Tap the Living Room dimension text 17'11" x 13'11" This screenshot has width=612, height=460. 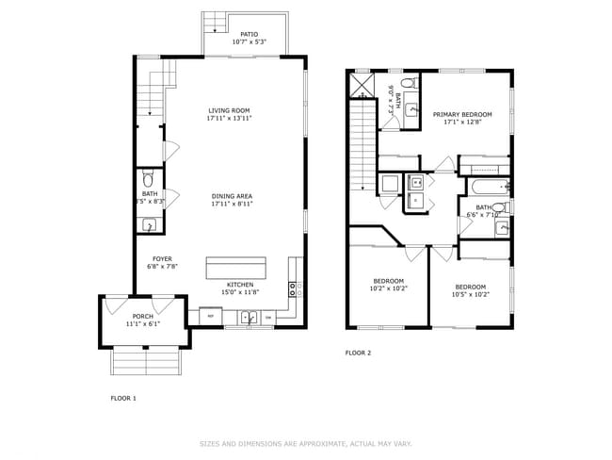click(230, 119)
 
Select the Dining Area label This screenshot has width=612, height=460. click(231, 195)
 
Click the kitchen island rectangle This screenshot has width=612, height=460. click(236, 267)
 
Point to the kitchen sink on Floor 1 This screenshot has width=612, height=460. click(250, 318)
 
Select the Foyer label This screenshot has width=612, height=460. click(162, 258)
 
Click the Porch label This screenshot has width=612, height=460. click(142, 316)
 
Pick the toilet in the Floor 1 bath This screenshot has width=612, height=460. click(147, 179)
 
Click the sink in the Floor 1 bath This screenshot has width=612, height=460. click(149, 225)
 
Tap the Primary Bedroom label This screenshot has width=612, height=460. click(462, 114)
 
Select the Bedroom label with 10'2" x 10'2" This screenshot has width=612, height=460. click(388, 281)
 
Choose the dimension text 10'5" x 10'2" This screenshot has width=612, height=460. click(470, 294)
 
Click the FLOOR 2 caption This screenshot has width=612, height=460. click(358, 353)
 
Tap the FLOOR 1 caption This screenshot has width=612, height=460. click(123, 398)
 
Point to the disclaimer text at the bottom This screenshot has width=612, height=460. click(305, 443)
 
